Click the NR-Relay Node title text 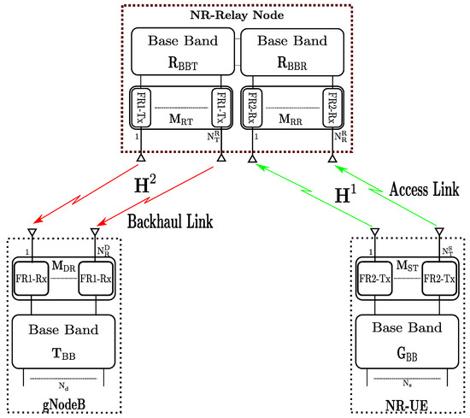tap(235, 15)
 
